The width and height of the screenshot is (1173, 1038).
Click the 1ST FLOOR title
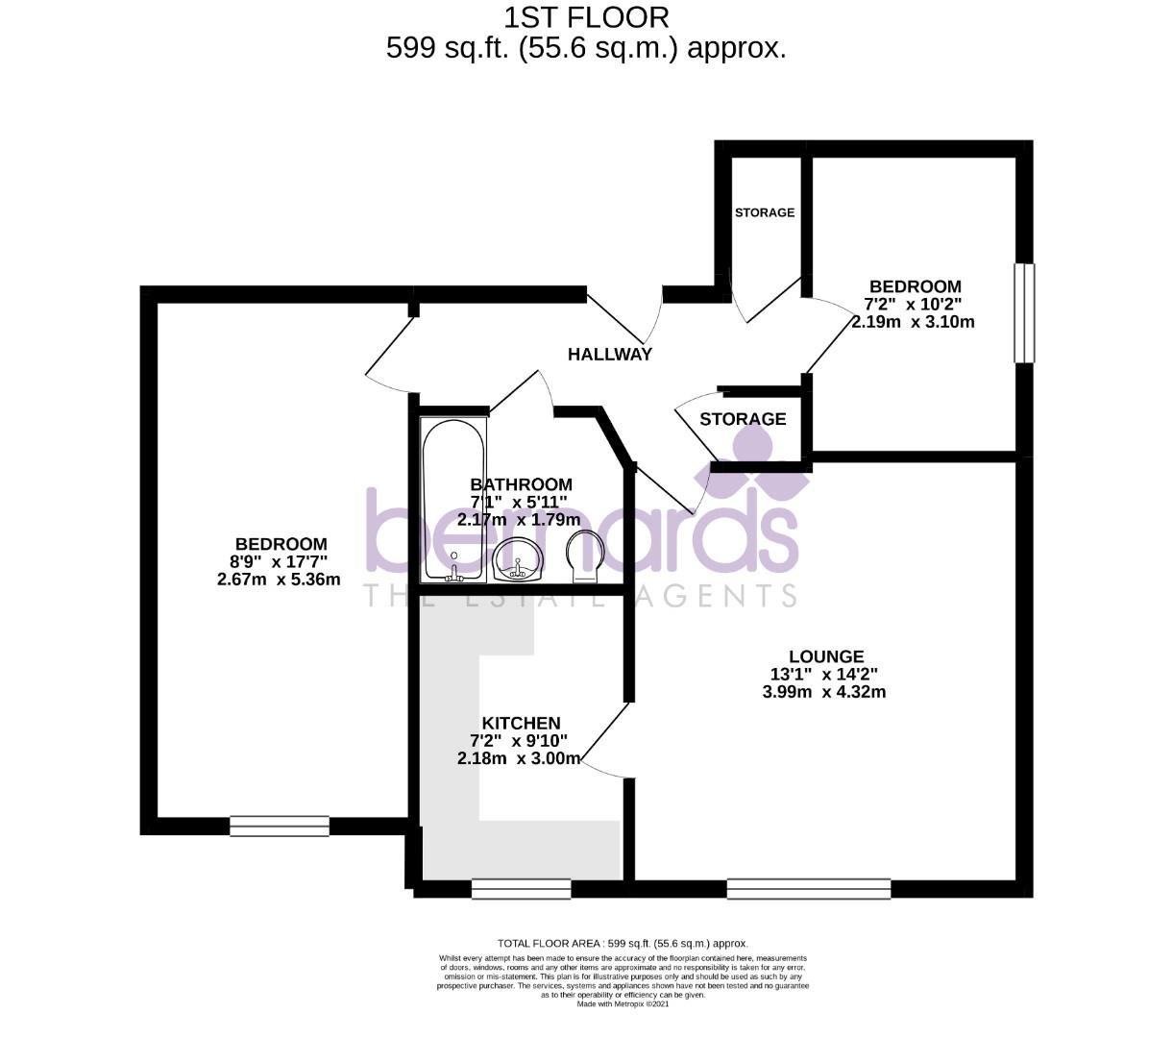pos(586,16)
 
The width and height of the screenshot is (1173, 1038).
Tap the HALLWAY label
pos(609,354)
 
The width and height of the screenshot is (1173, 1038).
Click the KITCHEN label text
pos(521,723)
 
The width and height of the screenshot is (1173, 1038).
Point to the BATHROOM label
pos(521,484)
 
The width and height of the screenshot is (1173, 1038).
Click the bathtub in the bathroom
pos(452,500)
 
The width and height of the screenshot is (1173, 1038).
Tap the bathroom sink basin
pos(518,559)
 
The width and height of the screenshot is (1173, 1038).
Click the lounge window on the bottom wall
pos(808,888)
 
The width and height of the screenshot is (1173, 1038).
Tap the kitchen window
pos(521,889)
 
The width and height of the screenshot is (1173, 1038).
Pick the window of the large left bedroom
pos(279,826)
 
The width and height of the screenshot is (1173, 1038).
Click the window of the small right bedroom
pos(1025,312)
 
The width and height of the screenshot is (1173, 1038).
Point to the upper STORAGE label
pos(765,212)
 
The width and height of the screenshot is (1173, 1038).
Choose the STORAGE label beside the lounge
pos(743,419)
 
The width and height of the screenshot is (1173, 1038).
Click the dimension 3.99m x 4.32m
pos(823,692)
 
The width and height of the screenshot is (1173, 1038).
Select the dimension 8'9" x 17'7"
pos(279,562)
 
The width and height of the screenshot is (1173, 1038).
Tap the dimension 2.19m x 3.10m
pos(913,322)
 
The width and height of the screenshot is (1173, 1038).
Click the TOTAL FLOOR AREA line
pos(622,944)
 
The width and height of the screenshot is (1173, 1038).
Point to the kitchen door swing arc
pos(600,750)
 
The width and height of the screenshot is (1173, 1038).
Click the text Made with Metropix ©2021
pos(622,1003)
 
